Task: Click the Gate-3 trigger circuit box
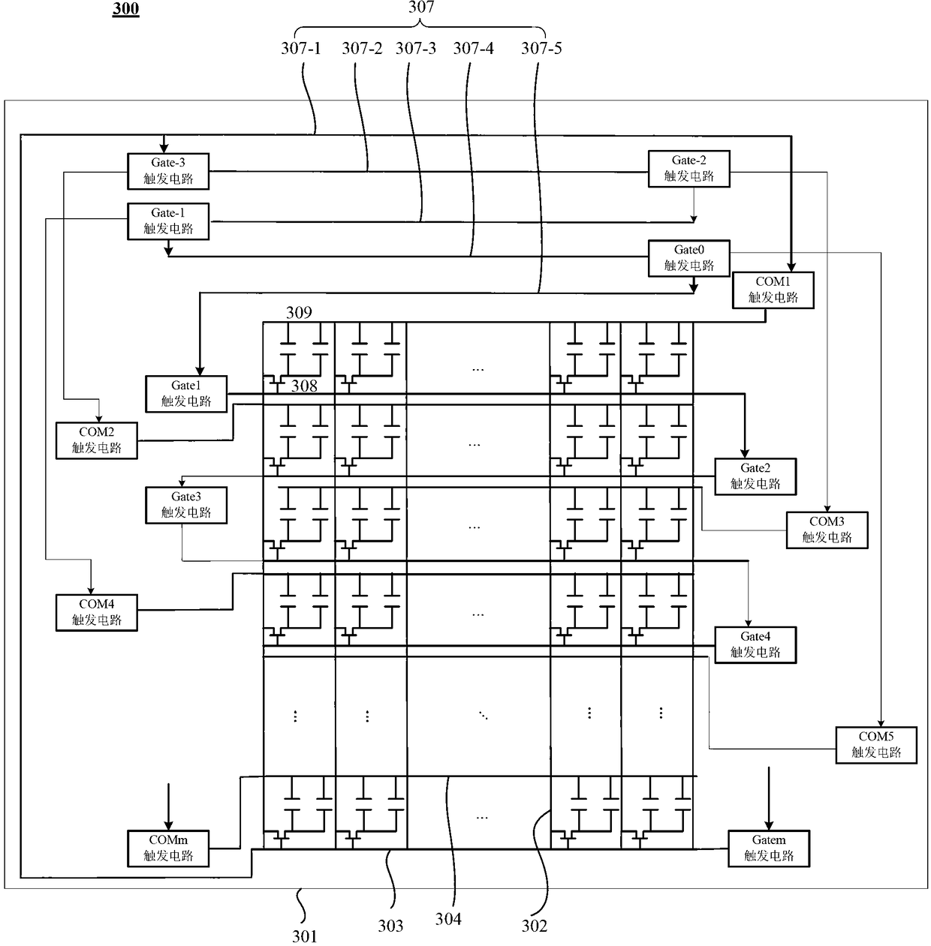coord(168,171)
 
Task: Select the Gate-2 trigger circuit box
coord(688,168)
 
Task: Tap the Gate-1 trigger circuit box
coord(168,221)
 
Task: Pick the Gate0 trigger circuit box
coord(688,258)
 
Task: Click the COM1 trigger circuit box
coord(773,290)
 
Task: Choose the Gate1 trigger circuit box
coord(185,394)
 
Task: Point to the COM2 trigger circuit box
coord(96,440)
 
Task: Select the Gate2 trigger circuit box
coord(755,476)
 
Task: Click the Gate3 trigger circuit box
coord(185,505)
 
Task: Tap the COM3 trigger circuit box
coord(827,530)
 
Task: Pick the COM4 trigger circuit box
coord(96,613)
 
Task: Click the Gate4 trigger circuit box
coord(755,645)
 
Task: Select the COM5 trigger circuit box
coord(876,745)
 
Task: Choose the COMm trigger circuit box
coord(168,848)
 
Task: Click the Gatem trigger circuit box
coord(769,848)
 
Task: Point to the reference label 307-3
coord(415,48)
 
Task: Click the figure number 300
coord(126,9)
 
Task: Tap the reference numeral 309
coord(299,312)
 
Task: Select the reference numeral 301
coord(305,936)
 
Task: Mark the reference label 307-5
coord(541,48)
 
